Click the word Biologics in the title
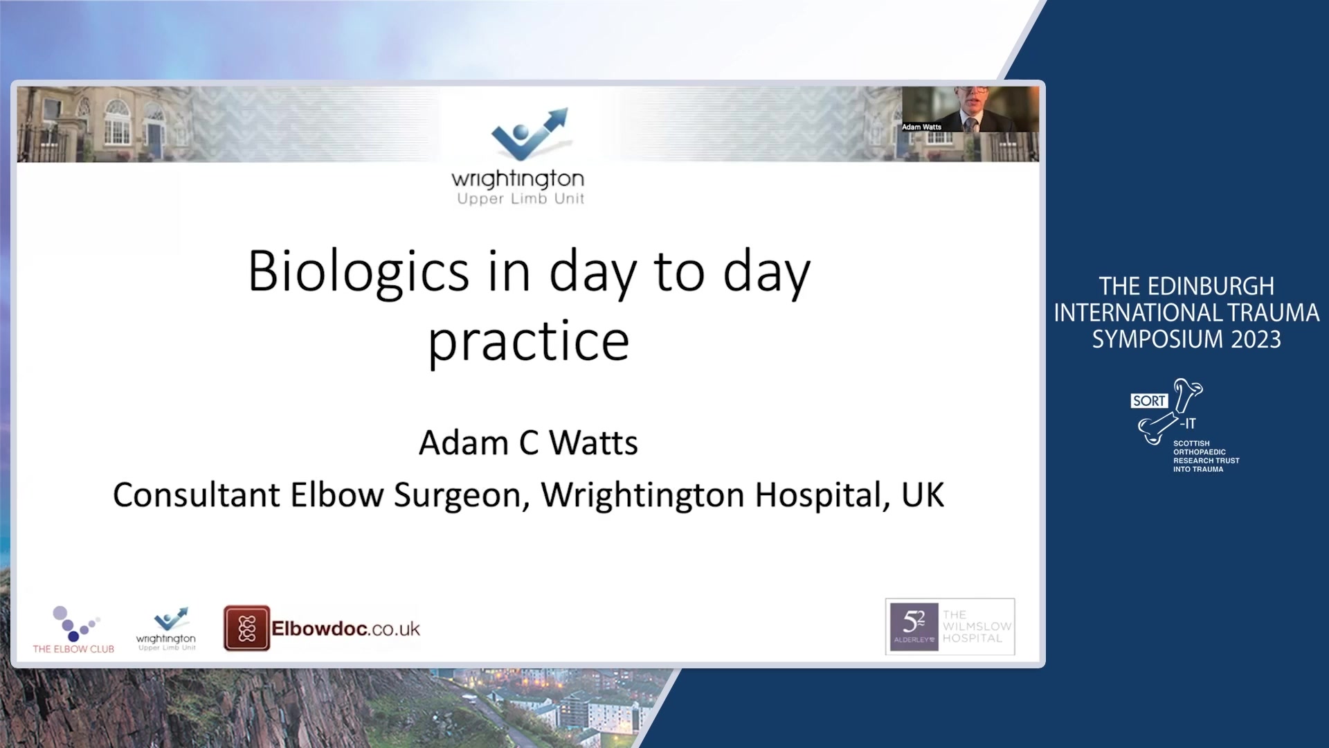pyautogui.click(x=359, y=272)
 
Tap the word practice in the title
pyautogui.click(x=529, y=342)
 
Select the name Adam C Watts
pyautogui.click(x=528, y=443)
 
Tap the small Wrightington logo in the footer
pyautogui.click(x=166, y=629)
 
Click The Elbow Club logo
pyautogui.click(x=73, y=630)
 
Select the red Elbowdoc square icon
pyautogui.click(x=246, y=628)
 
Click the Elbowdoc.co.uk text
pyautogui.click(x=345, y=629)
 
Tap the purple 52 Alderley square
pyautogui.click(x=914, y=627)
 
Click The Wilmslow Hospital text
pyautogui.click(x=977, y=626)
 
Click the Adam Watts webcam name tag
pyautogui.click(x=921, y=127)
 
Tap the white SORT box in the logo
pyautogui.click(x=1149, y=401)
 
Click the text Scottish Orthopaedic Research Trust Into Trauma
pyautogui.click(x=1206, y=456)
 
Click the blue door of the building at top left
pyautogui.click(x=154, y=141)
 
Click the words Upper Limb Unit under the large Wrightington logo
pyautogui.click(x=521, y=199)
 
